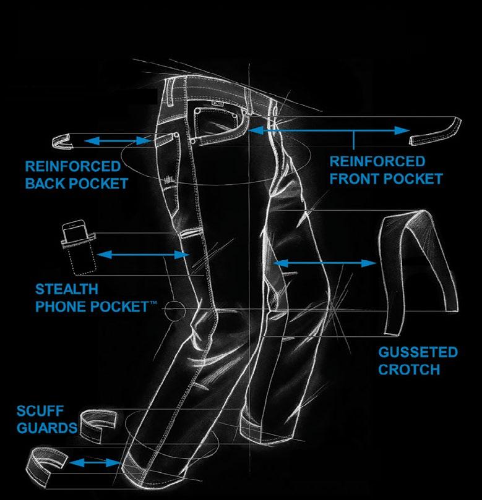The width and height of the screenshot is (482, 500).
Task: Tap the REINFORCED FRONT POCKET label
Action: click(x=386, y=170)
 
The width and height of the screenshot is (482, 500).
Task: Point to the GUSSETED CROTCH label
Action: click(x=418, y=361)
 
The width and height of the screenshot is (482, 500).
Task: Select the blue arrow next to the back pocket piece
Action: click(x=118, y=142)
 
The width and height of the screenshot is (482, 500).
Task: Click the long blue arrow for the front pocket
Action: click(x=329, y=130)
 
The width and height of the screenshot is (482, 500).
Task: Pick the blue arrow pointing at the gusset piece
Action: click(x=325, y=263)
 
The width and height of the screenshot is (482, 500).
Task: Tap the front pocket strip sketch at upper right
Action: click(x=436, y=130)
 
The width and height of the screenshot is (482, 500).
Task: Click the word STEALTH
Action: click(x=66, y=289)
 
